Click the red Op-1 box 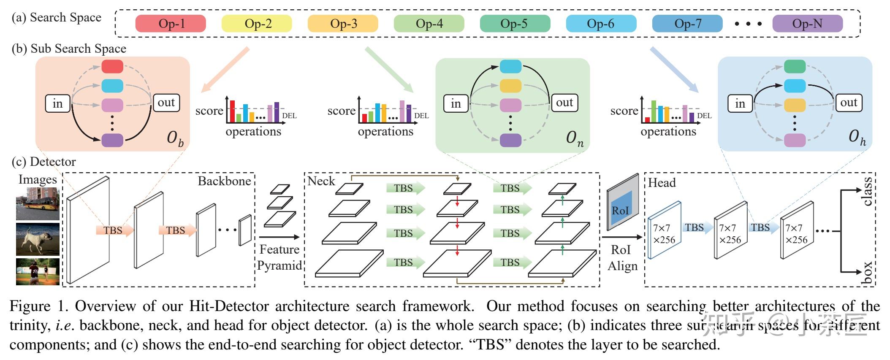(x=171, y=24)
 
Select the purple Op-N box (x=807, y=24)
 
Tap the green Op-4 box (x=429, y=24)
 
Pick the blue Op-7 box (x=687, y=24)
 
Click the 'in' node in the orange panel (x=58, y=103)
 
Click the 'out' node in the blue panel (x=849, y=103)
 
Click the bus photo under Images (x=38, y=204)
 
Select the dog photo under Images (x=38, y=239)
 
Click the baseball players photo (x=38, y=272)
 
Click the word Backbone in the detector (x=224, y=181)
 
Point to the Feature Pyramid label (x=279, y=257)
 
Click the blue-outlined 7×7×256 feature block (x=664, y=233)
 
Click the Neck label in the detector (x=321, y=181)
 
